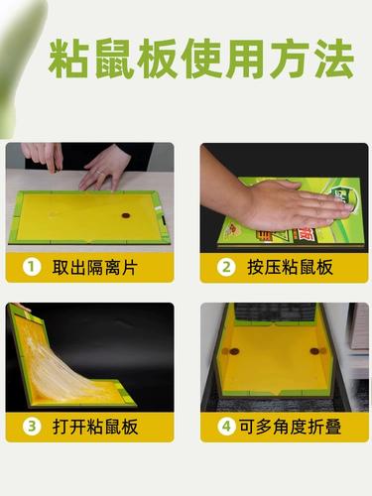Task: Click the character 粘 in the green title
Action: [68, 59]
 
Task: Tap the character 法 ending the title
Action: [334, 59]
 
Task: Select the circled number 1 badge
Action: [32, 267]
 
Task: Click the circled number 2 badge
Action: [226, 267]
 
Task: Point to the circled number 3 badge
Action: [32, 426]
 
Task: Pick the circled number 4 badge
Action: [226, 426]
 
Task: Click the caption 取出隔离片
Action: [94, 267]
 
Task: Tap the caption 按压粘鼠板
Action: [290, 267]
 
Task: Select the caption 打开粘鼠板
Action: [95, 427]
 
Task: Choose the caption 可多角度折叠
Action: [291, 427]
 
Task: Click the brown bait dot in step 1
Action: [126, 215]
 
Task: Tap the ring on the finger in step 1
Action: [100, 172]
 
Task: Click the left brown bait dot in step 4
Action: [234, 351]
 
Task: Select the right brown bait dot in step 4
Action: [314, 351]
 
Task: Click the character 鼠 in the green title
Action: [113, 59]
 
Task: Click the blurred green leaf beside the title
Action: [15, 66]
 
